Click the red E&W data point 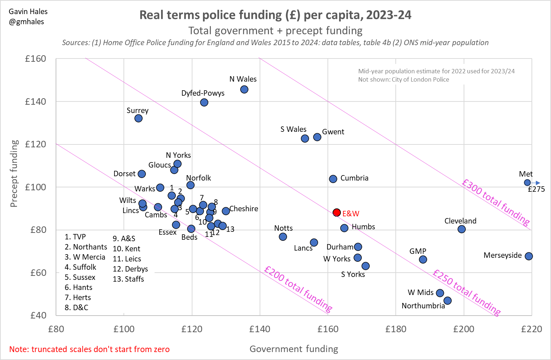[x=337, y=212]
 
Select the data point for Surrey [x=138, y=118]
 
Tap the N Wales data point [x=244, y=89]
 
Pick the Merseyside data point [x=529, y=256]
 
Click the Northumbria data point [x=447, y=300]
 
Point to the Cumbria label [x=354, y=178]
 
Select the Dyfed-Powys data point [x=204, y=103]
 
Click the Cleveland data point [x=461, y=229]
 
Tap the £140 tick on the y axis [x=35, y=101]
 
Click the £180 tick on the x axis [x=396, y=329]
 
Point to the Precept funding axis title [x=14, y=174]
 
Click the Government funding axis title [x=294, y=349]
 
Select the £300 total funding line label [x=495, y=201]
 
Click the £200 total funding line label [x=298, y=289]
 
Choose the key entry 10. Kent [x=126, y=249]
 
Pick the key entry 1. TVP [x=75, y=237]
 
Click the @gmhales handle [x=26, y=22]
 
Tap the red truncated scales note [x=89, y=349]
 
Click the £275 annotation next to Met [x=536, y=189]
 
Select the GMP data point [x=423, y=259]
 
